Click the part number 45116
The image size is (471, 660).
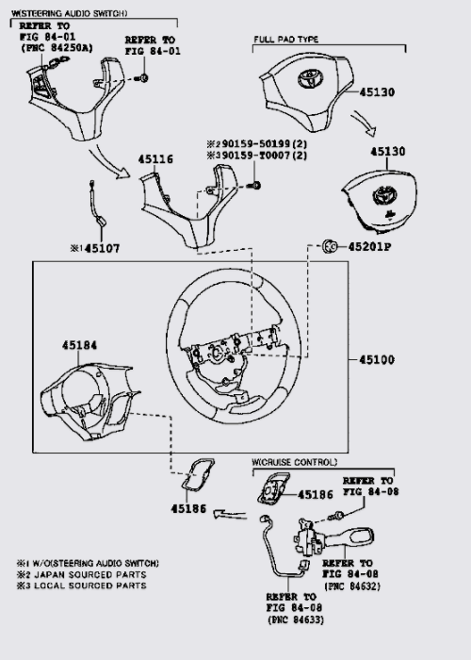tap(155, 159)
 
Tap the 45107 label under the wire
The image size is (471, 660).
tap(102, 248)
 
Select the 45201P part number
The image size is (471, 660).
tap(369, 247)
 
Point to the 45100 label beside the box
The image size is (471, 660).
tap(377, 359)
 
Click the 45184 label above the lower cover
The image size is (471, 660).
tap(79, 345)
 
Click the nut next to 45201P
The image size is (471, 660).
tap(330, 246)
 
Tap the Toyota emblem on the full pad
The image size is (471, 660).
tap(310, 79)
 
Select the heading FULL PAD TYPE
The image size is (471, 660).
tap(286, 40)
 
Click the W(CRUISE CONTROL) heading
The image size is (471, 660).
tap(294, 462)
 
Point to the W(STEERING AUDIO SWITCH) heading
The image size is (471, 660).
tap(69, 13)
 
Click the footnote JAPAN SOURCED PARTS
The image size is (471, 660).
tap(90, 574)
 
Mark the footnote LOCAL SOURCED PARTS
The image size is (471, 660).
tap(90, 586)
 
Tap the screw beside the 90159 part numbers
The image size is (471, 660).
tap(254, 185)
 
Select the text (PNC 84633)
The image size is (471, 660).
tap(296, 619)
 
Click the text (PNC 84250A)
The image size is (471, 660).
tap(57, 48)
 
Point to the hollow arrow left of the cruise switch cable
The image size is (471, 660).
tap(230, 514)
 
